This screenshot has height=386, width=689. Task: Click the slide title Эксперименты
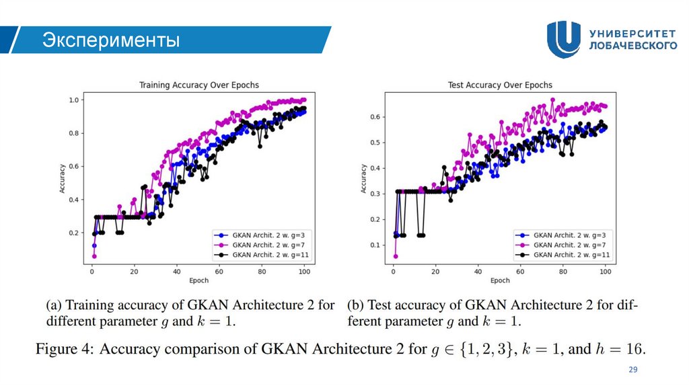click(111, 41)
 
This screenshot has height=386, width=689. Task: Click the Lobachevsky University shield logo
click(563, 39)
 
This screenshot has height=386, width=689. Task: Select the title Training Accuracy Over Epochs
click(198, 85)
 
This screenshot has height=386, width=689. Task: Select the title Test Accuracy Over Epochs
click(500, 85)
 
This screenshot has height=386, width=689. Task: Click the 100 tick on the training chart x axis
click(304, 271)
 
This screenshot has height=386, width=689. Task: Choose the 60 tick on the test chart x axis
click(520, 271)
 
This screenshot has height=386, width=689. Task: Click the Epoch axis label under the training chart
click(198, 280)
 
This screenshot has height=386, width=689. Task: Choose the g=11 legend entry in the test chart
click(564, 255)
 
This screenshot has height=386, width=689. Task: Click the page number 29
click(632, 370)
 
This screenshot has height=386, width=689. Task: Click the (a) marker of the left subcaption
click(55, 305)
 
